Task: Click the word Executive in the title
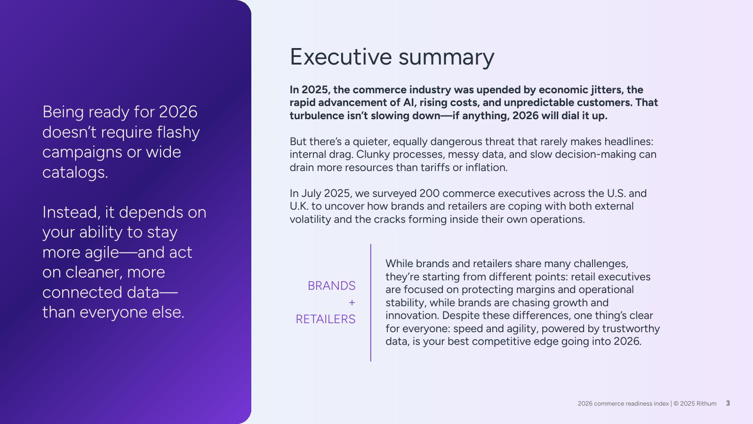click(x=341, y=57)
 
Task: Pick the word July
click(x=311, y=194)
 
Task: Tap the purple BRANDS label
click(x=331, y=285)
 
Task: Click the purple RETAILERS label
click(x=325, y=319)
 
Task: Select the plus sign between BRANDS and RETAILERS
click(x=352, y=302)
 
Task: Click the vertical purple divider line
click(x=371, y=303)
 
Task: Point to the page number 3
click(x=728, y=403)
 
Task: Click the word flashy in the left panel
click(x=178, y=132)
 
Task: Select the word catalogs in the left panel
click(x=75, y=172)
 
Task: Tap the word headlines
click(x=629, y=141)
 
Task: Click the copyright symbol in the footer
click(x=676, y=403)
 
